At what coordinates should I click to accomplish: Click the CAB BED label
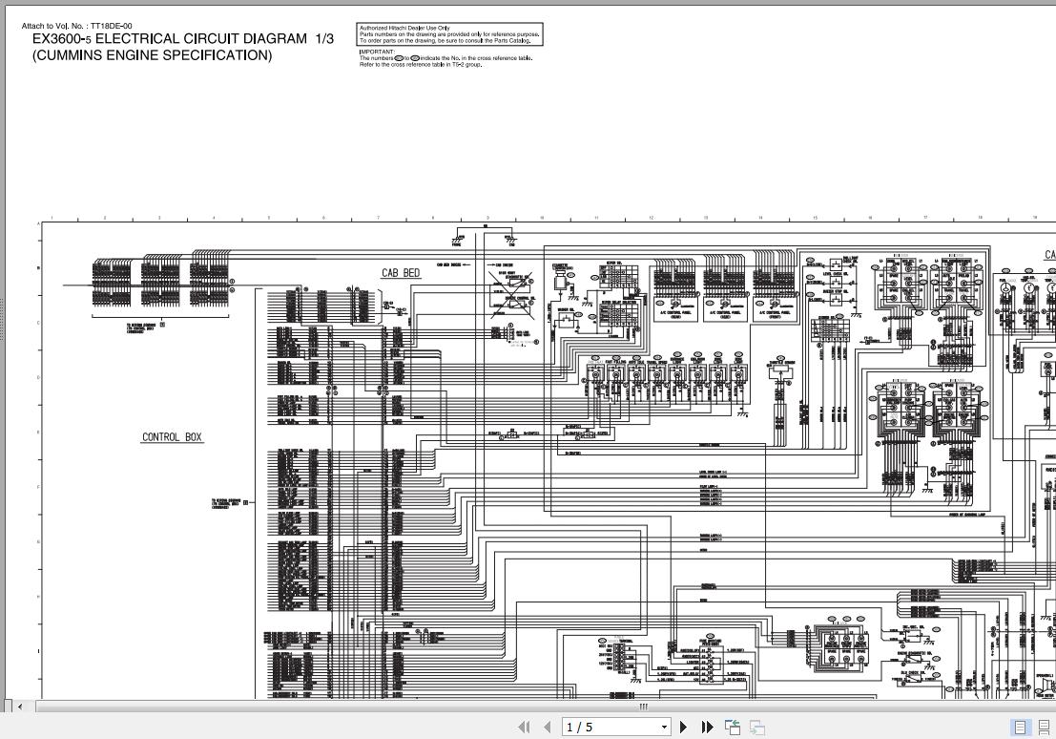[401, 273]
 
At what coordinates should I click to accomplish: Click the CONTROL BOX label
[173, 437]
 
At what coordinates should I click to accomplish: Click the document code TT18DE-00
[112, 26]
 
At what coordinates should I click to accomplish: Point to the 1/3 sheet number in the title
[324, 39]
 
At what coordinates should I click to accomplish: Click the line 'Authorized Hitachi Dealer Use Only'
[404, 29]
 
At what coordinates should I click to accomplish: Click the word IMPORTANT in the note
[377, 53]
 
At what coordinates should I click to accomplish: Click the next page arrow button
[684, 727]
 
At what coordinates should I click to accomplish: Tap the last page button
[707, 727]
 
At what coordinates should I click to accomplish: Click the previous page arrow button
[547, 727]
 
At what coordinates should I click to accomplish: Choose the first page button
[524, 727]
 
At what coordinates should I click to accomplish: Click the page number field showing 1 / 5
[611, 727]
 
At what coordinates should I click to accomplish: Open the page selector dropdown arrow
[664, 728]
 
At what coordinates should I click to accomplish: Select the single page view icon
[1020, 727]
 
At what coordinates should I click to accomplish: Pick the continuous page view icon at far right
[1044, 727]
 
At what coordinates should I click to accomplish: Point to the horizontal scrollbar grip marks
[643, 707]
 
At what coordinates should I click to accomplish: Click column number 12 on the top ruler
[652, 218]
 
